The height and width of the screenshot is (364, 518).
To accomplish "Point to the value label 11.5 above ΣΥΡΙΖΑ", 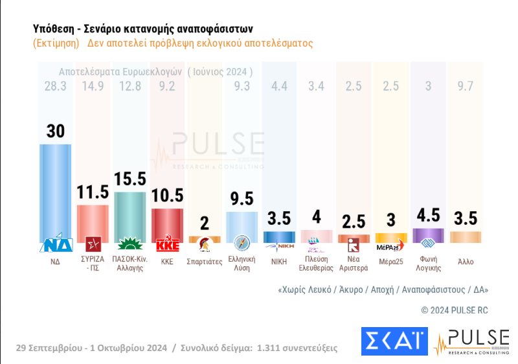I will [x=93, y=194].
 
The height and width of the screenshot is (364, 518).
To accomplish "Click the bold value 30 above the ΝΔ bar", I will [x=56, y=131].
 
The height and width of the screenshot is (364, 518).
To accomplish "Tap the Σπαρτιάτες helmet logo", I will [x=204, y=245].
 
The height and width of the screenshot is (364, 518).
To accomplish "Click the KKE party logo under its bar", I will [x=167, y=245].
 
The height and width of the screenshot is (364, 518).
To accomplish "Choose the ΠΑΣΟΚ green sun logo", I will [x=129, y=245].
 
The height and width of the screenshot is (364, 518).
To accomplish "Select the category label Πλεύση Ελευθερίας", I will [x=316, y=264].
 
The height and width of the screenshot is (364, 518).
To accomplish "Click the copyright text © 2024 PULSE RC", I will [x=455, y=311].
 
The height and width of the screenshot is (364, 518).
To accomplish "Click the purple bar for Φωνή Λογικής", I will [x=427, y=235].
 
